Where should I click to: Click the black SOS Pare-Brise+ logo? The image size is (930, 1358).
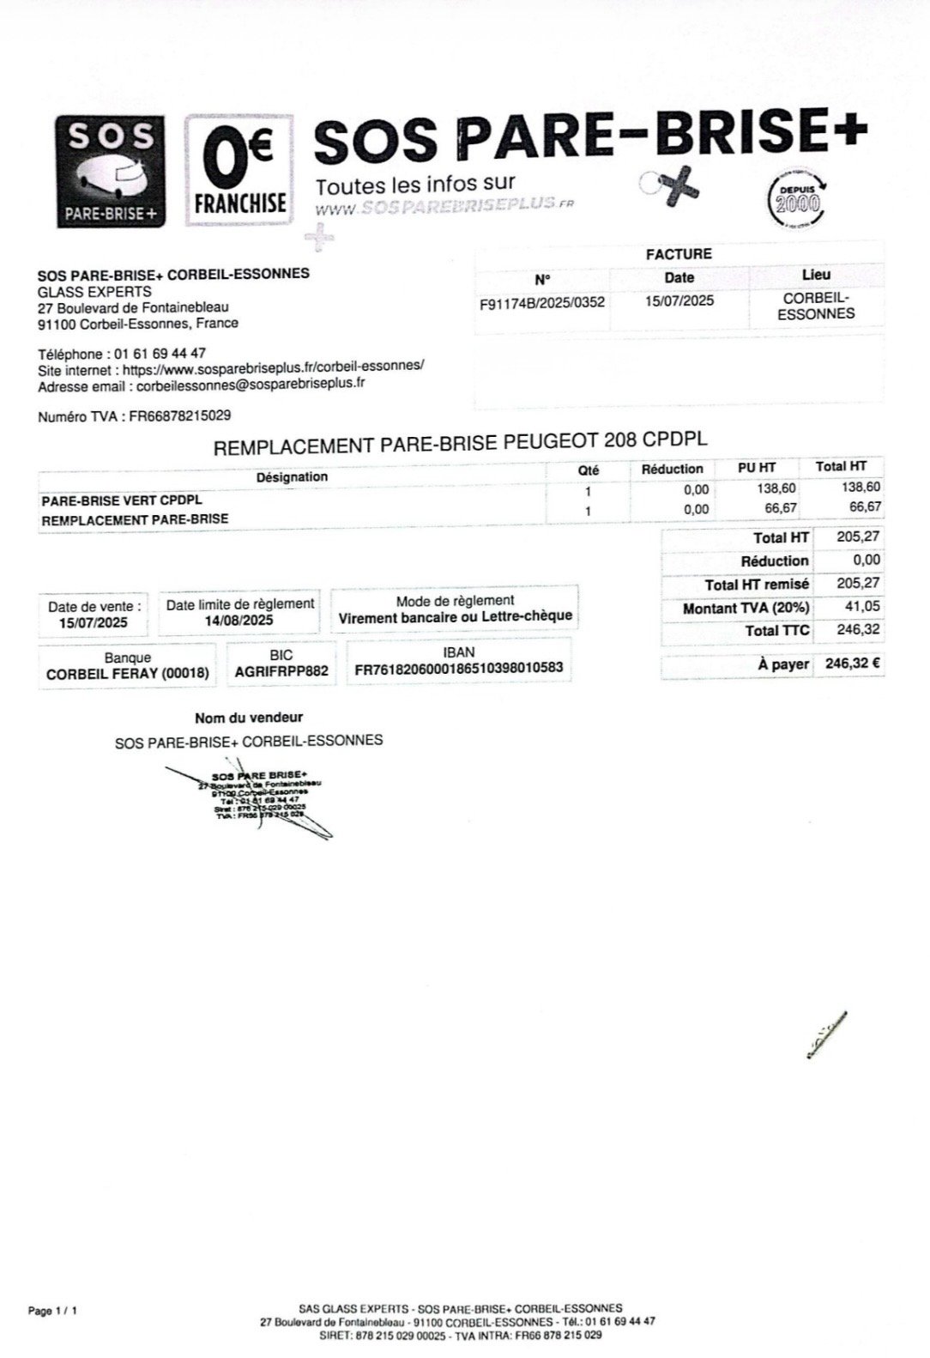[111, 172]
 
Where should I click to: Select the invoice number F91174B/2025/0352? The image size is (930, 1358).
[542, 302]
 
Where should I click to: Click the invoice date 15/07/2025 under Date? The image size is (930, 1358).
[679, 300]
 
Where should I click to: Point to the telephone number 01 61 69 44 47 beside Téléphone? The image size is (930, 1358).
[159, 354]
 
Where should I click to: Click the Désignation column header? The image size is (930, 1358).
[292, 476]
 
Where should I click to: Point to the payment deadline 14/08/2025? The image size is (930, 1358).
[239, 621]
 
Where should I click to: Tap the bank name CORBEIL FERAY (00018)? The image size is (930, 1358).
[128, 674]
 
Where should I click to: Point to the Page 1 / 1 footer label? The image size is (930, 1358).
[53, 1311]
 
